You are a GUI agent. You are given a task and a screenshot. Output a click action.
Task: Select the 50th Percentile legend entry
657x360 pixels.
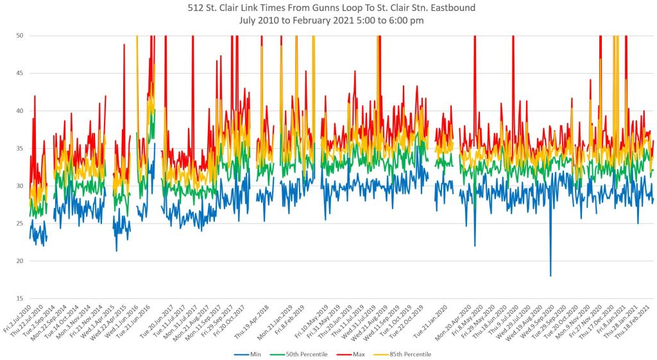click(298, 354)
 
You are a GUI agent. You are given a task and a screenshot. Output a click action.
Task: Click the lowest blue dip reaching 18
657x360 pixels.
click(550, 275)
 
